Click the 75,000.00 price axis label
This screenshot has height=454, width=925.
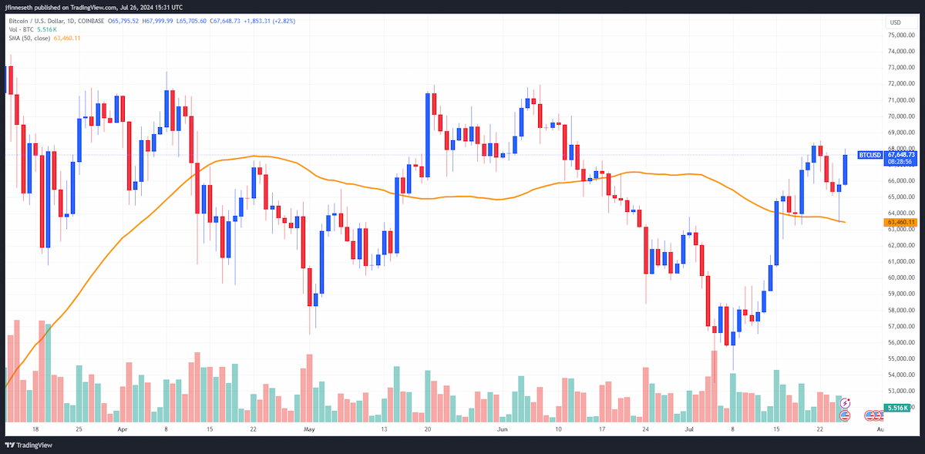tap(901, 35)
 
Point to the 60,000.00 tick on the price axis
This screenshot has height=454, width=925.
tap(901, 277)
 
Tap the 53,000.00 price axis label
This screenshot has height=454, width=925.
tap(901, 391)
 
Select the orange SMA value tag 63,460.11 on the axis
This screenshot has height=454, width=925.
tap(900, 222)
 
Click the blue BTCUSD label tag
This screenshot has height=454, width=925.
tap(869, 155)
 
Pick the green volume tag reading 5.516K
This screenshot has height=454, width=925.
tap(897, 408)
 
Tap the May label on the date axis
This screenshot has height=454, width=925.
tap(309, 429)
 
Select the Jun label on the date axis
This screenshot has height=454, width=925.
tap(502, 429)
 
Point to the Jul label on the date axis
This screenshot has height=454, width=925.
tap(689, 429)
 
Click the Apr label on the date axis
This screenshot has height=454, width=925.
tap(123, 429)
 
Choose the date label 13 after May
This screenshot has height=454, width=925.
tap(384, 429)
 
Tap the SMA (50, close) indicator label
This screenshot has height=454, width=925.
tap(29, 38)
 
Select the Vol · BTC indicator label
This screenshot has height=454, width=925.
tap(21, 30)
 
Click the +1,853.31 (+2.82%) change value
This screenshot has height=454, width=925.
tap(269, 21)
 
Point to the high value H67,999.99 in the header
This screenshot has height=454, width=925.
tap(157, 21)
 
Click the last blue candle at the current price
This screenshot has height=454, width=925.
tap(846, 170)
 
